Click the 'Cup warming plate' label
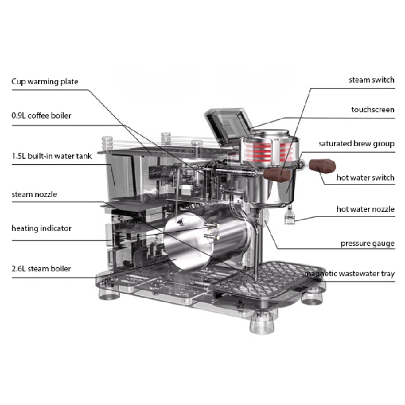pos(44,82)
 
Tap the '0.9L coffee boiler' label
pos(41,115)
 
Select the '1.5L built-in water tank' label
pos(52,156)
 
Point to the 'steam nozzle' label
pos(34,194)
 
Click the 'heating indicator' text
pos(42,228)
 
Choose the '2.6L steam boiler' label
pos(41,269)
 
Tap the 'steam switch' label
pos(371,80)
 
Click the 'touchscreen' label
pos(373,110)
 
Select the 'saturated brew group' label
pos(357,143)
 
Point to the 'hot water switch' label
pos(365,178)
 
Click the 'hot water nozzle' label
pos(365,209)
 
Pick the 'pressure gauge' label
pos(367,244)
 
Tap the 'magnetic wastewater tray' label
pos(349,273)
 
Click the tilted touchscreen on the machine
pos(228,125)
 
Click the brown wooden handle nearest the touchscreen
pos(277,175)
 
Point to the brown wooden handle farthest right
pos(322,166)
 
